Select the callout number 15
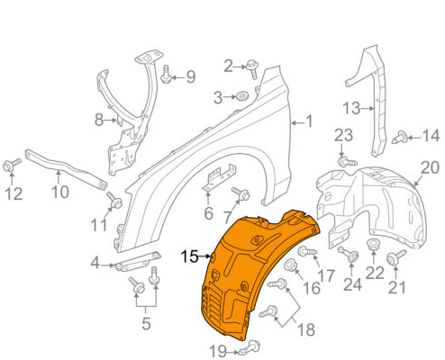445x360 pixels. [189, 256]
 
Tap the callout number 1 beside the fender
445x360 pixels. [308, 121]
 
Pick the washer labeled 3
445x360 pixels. [243, 96]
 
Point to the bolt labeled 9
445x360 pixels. [166, 78]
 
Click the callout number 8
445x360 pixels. [99, 119]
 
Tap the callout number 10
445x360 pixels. [59, 191]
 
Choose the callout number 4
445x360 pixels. [95, 263]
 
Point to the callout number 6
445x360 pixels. [208, 213]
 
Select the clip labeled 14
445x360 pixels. [400, 138]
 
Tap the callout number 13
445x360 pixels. [350, 109]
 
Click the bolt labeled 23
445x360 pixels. [343, 161]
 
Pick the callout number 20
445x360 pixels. [430, 167]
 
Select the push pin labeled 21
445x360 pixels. [393, 260]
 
